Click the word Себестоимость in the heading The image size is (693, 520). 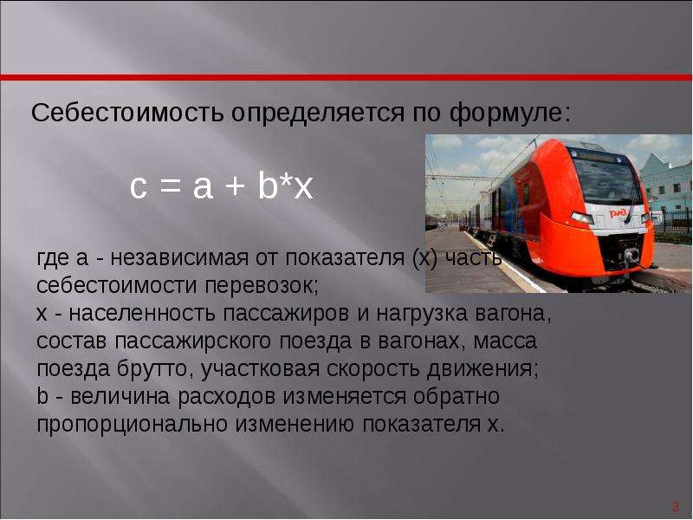[127, 114]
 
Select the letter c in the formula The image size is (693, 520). [139, 187]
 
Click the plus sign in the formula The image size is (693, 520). [234, 186]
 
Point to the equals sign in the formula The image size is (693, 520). [170, 187]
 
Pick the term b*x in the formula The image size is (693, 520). [286, 185]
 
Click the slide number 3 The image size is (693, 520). [676, 506]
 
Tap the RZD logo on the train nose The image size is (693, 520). [618, 213]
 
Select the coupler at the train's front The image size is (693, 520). [631, 255]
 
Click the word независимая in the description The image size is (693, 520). [179, 257]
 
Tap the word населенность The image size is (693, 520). [142, 314]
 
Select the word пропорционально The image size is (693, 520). [132, 425]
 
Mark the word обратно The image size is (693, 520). [457, 396]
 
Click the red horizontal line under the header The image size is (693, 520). [346, 78]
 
